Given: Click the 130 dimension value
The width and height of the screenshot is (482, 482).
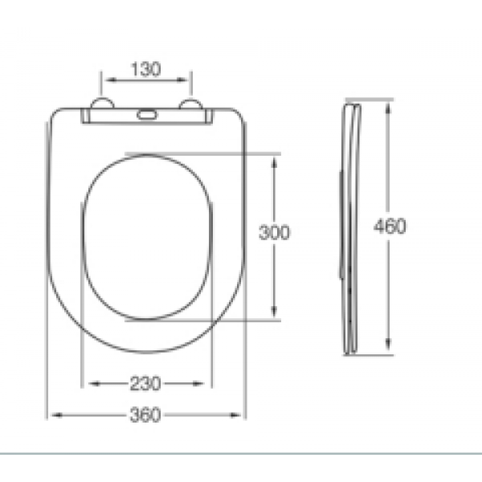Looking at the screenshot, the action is (145, 69).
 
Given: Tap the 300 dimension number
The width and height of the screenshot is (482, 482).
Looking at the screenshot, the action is (274, 232).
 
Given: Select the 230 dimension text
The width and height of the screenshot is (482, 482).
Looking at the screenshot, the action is (145, 383).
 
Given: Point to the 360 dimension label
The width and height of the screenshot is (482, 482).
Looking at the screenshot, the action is (145, 415).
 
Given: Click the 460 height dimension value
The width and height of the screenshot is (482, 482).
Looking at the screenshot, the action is (390, 226).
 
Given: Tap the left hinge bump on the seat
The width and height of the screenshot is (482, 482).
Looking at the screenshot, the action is (102, 103).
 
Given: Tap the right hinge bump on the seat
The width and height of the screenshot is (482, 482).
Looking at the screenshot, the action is (190, 104).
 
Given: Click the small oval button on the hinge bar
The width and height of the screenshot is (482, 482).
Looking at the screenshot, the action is (147, 115).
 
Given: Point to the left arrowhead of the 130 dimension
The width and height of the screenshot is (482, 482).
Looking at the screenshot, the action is (111, 80).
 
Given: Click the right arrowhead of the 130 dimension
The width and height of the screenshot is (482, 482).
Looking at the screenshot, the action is (182, 80).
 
